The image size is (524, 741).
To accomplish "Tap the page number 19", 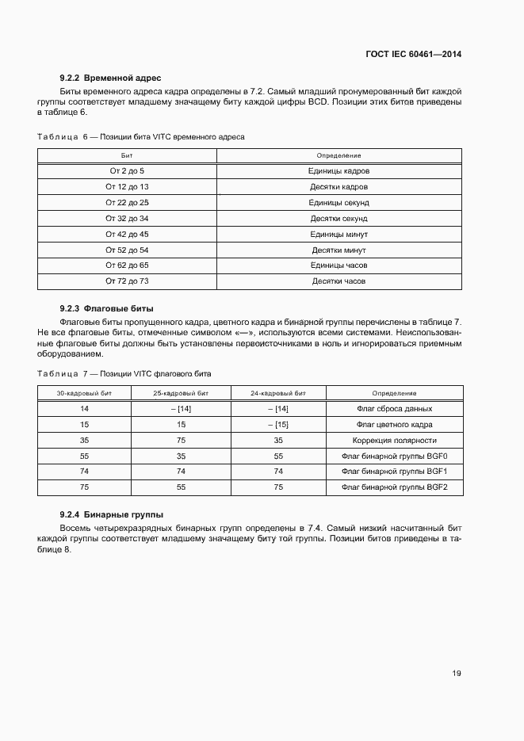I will pos(457,673).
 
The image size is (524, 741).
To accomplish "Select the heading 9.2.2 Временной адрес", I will pos(110,78).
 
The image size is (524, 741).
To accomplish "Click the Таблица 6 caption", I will pos(141,137).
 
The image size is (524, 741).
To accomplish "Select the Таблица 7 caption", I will pos(124,373).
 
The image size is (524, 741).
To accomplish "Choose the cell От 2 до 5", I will pos(127,171).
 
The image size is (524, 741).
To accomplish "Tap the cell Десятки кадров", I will pos(338,187).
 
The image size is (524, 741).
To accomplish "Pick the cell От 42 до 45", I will pos(127,234).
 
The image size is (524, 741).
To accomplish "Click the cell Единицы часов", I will pos(338,265).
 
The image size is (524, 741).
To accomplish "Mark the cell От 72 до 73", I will pos(127,281).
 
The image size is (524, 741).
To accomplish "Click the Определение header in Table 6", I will pos(338,155).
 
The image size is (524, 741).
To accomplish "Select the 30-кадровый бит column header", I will pos(83,393).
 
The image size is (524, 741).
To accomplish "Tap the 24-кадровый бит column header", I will pos(277,393).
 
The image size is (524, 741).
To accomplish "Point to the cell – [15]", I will pos(277,425).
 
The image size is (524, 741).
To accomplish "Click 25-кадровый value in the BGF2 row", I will pos(180,487).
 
